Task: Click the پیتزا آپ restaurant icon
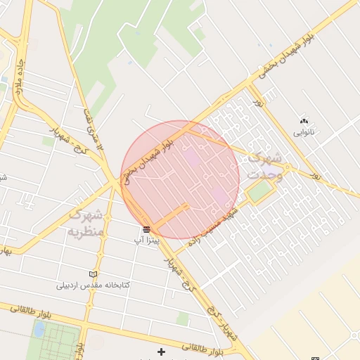point(146,229)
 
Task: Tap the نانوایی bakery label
point(304,131)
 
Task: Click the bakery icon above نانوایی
point(304,121)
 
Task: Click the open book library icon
point(94,274)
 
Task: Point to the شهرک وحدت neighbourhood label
point(265,166)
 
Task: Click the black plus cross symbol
point(161,351)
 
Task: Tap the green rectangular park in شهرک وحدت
point(259,191)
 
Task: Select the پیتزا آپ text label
point(148,240)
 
